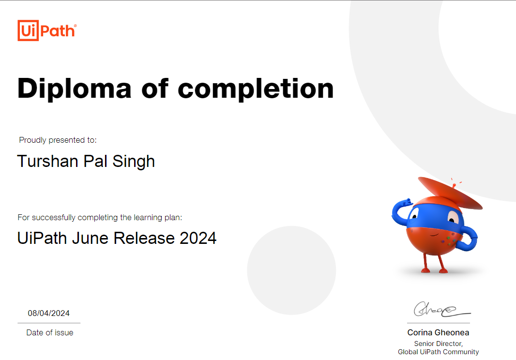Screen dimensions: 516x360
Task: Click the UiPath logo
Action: pos(47,30)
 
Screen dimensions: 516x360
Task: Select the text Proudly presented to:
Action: pos(58,140)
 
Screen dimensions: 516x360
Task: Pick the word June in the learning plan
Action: pos(90,238)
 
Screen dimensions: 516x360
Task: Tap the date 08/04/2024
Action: pos(49,313)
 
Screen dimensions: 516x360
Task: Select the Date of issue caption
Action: pos(50,333)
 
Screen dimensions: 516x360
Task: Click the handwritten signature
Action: pos(441,309)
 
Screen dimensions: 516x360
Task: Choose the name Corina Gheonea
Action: pos(439,333)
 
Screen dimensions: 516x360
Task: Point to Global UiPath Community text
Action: pos(439,352)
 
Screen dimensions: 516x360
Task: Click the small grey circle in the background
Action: pos(291,270)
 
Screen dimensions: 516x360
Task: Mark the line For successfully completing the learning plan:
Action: pos(100,218)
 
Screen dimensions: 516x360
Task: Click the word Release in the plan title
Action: pos(144,238)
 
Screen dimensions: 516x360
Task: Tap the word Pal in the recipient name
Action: pos(95,161)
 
